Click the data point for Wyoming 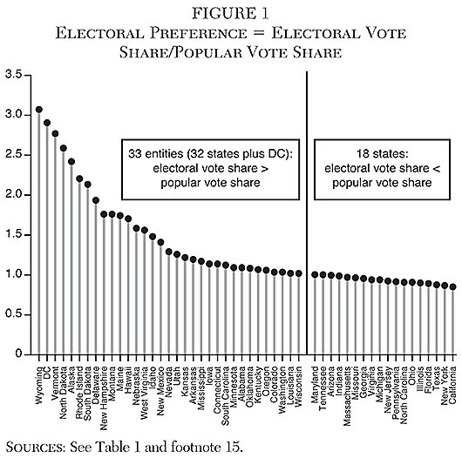pyautogui.click(x=39, y=110)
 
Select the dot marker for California pyautogui.click(x=452, y=286)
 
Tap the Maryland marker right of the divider pyautogui.click(x=316, y=274)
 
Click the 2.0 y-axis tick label pyautogui.click(x=13, y=195)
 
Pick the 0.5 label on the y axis pyautogui.click(x=13, y=315)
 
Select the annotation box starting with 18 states pyautogui.click(x=384, y=170)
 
